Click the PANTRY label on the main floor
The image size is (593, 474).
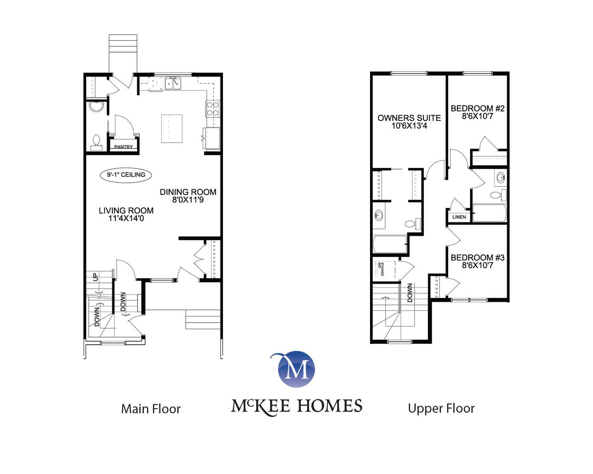click(x=123, y=147)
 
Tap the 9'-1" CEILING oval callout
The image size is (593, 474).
click(x=126, y=175)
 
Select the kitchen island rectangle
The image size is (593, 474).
click(x=172, y=129)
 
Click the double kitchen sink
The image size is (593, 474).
click(x=173, y=83)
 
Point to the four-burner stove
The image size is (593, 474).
click(x=213, y=109)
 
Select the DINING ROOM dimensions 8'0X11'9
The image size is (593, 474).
click(x=188, y=200)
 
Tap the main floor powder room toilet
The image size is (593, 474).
click(x=96, y=142)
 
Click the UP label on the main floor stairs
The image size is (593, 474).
click(x=96, y=277)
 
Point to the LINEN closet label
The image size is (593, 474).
click(x=459, y=217)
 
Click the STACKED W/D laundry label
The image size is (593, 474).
click(x=381, y=269)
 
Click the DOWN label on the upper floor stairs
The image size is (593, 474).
click(x=410, y=292)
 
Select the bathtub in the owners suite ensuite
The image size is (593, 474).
click(x=390, y=244)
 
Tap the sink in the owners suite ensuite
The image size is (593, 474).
click(x=379, y=215)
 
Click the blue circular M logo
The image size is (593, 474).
click(x=296, y=369)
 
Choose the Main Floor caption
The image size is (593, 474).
click(x=151, y=409)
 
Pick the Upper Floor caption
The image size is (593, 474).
click(x=441, y=409)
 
